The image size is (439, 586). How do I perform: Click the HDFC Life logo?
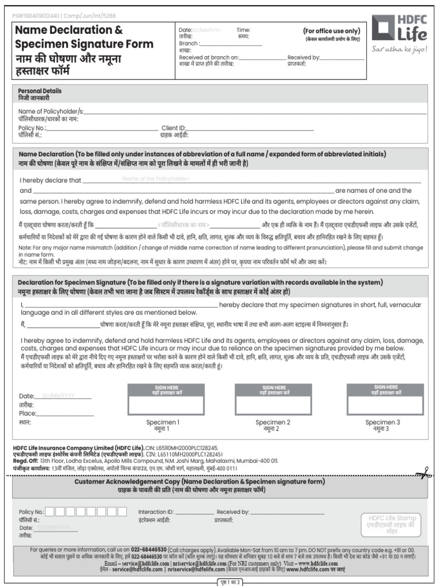pos(399,29)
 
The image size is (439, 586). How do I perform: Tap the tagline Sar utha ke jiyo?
pos(399,49)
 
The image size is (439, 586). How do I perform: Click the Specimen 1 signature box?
pos(163,405)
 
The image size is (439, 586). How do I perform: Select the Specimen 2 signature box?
pos(273,405)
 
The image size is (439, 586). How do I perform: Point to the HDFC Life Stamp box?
pos(392,524)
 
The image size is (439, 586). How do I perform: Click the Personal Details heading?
pos(39,91)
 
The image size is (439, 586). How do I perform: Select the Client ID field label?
pos(174,128)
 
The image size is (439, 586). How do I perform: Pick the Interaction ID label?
pos(155,512)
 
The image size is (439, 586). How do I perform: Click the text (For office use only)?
pos(332,31)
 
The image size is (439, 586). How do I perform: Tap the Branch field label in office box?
pos(189,43)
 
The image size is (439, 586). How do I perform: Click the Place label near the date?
pos(27,413)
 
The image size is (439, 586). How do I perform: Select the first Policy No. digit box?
pos(50,512)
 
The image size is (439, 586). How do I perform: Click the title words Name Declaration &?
pos(69,30)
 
